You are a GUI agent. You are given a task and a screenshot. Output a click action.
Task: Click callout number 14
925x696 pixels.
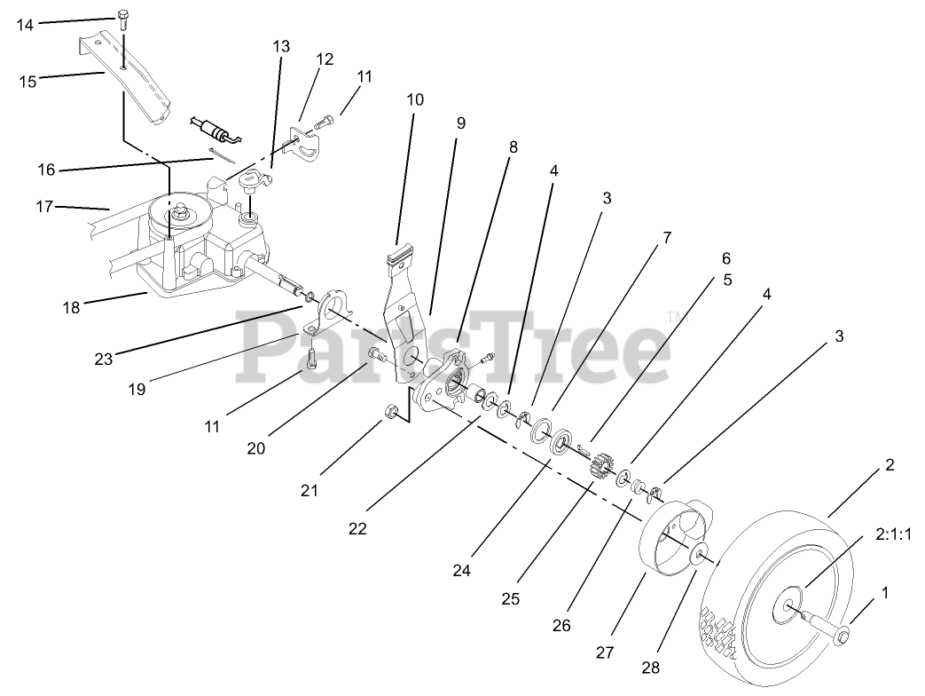tap(24, 25)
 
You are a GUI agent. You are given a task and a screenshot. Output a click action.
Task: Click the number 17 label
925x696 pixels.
tap(45, 207)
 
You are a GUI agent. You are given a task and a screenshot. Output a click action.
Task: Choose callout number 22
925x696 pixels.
tap(357, 528)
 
